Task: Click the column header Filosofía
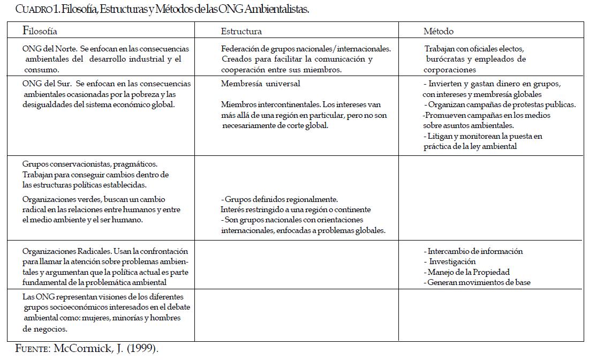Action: click(40, 31)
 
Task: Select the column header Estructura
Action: click(241, 32)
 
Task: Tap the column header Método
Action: click(439, 32)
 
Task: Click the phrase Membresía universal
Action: click(260, 84)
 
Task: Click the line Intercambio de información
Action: click(475, 251)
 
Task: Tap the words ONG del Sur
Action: click(44, 84)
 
